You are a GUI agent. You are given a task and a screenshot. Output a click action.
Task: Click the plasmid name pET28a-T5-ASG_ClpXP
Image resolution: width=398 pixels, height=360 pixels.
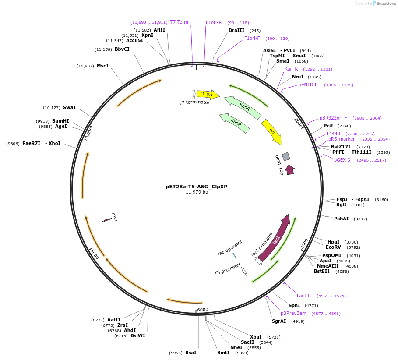pos(197,186)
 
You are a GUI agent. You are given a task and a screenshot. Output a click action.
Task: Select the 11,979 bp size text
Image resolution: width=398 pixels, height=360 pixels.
pos(197,192)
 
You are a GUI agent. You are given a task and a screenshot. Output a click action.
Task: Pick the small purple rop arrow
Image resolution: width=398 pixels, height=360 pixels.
pos(290,170)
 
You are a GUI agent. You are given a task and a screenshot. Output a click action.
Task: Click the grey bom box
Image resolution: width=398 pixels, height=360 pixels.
pos(286,156)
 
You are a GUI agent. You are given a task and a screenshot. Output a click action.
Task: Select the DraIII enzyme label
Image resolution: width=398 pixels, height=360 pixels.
pos(236,30)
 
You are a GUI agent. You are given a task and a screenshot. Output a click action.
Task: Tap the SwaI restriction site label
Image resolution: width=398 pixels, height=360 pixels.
pos(69,107)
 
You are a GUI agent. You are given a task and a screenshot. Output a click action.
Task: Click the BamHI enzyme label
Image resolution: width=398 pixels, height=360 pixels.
pos(60,121)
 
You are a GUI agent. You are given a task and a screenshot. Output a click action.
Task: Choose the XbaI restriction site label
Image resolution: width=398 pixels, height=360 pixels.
pos(256,337)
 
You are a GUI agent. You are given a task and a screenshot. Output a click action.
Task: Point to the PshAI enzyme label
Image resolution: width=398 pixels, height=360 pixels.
pos(342,219)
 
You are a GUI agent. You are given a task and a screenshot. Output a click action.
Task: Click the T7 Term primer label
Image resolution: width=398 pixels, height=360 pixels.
pos(179,22)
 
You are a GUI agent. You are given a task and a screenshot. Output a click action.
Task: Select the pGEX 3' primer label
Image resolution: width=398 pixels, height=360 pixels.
pos(342,160)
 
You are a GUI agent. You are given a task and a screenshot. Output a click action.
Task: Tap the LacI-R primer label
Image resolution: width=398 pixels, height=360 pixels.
pos(304,296)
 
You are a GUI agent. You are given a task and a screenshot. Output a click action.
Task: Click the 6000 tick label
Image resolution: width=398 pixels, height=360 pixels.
pos(203,310)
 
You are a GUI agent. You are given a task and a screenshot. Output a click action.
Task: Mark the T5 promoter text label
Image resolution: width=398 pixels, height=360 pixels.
pos(227,269)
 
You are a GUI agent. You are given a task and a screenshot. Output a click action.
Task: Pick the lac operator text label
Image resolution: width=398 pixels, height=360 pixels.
pos(230,247)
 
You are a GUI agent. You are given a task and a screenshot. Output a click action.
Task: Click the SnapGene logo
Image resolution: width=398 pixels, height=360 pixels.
pos(384,3)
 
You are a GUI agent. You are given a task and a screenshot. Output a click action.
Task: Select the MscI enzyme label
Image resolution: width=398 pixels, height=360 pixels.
pos(102,66)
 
